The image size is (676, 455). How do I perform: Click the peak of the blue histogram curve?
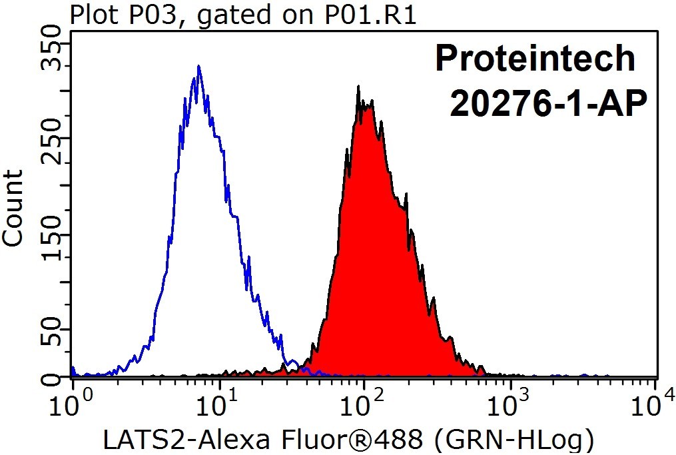(198, 66)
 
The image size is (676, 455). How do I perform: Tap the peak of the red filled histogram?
(358, 86)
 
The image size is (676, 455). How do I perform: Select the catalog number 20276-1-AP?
(548, 103)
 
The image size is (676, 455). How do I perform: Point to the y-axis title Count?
(13, 209)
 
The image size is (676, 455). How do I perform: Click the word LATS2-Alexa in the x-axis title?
(187, 440)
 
